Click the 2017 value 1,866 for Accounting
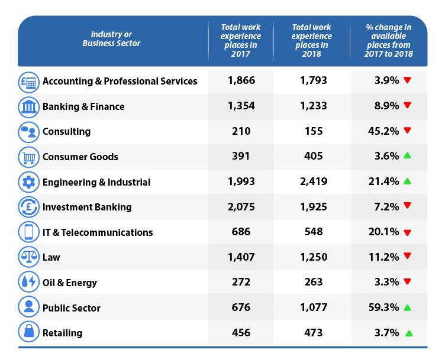(240, 80)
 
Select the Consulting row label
(66, 131)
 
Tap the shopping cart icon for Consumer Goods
(28, 157)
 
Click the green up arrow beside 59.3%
(407, 308)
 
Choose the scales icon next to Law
(28, 257)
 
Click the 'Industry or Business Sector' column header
(111, 39)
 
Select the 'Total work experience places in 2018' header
(311, 40)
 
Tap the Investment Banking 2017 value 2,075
(240, 207)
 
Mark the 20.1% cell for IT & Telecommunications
(383, 232)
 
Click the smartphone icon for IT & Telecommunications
(28, 232)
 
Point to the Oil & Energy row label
(69, 283)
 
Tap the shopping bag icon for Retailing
(28, 333)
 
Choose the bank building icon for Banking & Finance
(28, 106)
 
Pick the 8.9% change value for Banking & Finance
(386, 106)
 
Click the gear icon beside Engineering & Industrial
(28, 182)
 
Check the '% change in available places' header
(389, 40)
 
